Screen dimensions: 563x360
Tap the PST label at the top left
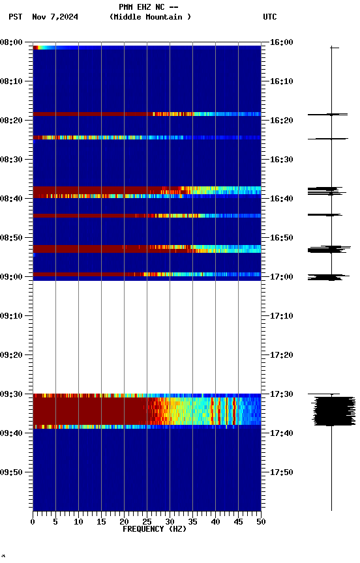pyautogui.click(x=16, y=17)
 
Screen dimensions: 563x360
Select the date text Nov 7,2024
pyautogui.click(x=55, y=17)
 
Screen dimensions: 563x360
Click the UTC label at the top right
pyautogui.click(x=270, y=17)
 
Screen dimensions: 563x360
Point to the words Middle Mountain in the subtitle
pyautogui.click(x=150, y=17)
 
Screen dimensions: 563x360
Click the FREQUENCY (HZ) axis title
pyautogui.click(x=154, y=529)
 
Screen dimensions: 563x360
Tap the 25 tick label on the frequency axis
pyautogui.click(x=147, y=521)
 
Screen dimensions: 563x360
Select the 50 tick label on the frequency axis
pyautogui.click(x=261, y=521)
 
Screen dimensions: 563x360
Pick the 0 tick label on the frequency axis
pyautogui.click(x=33, y=521)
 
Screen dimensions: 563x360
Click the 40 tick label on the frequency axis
pyautogui.click(x=215, y=521)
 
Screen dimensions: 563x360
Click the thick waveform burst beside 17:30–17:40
pyautogui.click(x=332, y=411)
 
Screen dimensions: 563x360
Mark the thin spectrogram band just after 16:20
pyautogui.click(x=147, y=137)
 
